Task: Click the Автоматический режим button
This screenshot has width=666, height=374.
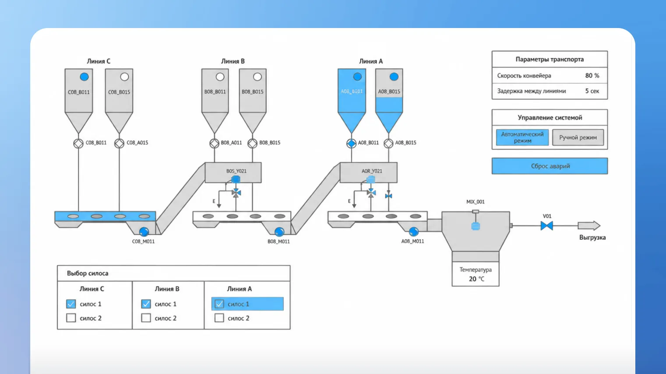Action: coord(522,137)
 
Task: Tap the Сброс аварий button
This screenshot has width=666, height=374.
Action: coord(550,166)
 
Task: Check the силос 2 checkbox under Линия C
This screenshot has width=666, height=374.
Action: coord(71,318)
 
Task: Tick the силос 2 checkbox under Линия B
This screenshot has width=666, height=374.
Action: coord(146,318)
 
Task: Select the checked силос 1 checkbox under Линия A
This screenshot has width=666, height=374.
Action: coord(220,304)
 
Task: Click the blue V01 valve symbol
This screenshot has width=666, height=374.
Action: coord(547,226)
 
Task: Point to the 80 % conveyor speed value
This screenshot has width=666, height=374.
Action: coord(592,75)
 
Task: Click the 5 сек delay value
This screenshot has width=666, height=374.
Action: coord(592,91)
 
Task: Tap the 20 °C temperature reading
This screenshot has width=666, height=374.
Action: coord(476,279)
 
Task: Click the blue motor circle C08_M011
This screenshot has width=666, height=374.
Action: coord(144,231)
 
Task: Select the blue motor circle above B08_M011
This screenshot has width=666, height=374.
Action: coord(279,231)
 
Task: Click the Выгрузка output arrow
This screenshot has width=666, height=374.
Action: coord(589,226)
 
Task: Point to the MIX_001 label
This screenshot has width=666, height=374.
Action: coord(475,202)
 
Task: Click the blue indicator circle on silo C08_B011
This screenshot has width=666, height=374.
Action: coord(84,77)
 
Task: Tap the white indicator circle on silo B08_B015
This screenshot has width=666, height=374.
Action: coord(258,77)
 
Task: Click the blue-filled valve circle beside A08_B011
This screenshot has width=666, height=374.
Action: coord(351,143)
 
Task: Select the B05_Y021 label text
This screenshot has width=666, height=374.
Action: coord(236,171)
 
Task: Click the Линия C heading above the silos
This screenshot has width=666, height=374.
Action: coord(99,61)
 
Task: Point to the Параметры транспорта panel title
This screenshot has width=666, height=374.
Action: coord(549,59)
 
